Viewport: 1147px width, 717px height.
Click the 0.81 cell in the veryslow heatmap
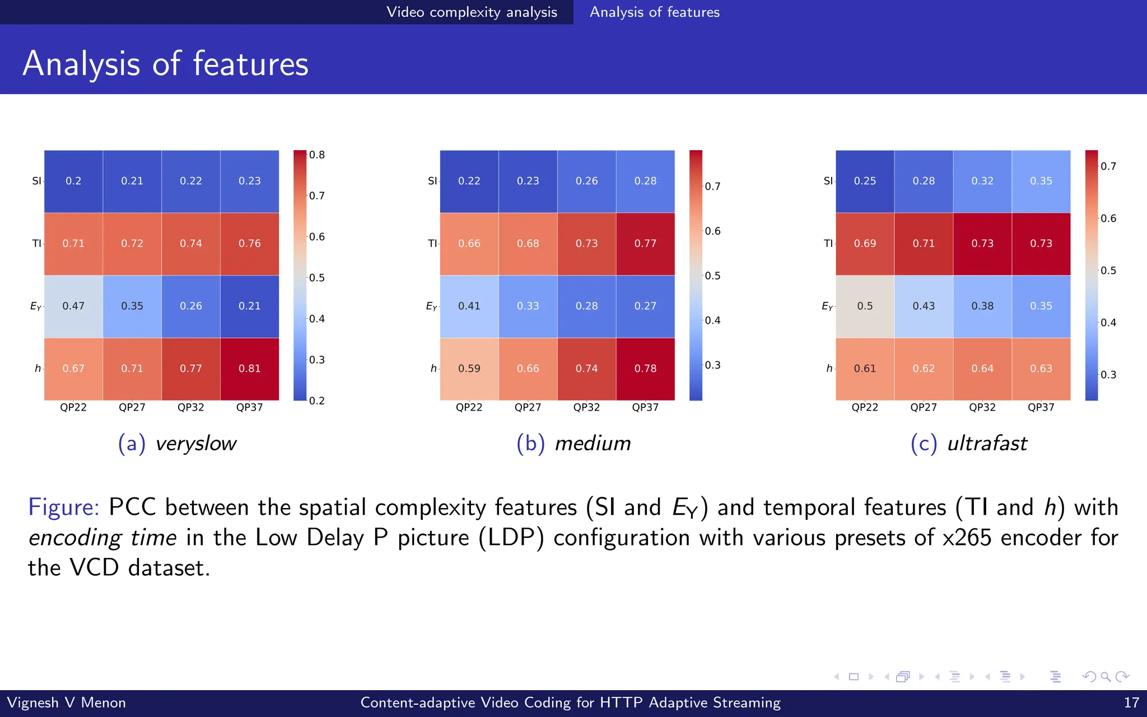coord(249,369)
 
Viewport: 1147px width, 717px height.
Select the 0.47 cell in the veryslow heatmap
coord(73,306)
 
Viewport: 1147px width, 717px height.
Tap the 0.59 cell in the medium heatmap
coord(469,369)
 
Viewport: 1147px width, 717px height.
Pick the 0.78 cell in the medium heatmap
coord(645,369)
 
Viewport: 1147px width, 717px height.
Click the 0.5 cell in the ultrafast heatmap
coord(865,306)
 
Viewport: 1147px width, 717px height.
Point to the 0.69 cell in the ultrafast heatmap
coord(865,244)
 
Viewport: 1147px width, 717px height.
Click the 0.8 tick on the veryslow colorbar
coord(317,155)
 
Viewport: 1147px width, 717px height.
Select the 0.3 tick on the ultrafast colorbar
coord(1108,375)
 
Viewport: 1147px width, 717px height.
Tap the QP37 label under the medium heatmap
coord(645,408)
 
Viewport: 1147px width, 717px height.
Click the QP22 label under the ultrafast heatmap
coord(865,408)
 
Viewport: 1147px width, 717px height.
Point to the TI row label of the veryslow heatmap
coord(36,244)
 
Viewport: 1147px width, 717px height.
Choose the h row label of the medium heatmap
coord(433,369)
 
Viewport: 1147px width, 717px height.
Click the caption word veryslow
coord(196,444)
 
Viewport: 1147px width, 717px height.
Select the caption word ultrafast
coord(987,444)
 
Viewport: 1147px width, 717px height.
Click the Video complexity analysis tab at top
coord(472,12)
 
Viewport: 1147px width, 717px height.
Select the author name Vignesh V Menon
coord(66,702)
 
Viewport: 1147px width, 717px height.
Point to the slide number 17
coord(1131,702)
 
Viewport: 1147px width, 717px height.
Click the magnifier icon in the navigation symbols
coord(1106,677)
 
